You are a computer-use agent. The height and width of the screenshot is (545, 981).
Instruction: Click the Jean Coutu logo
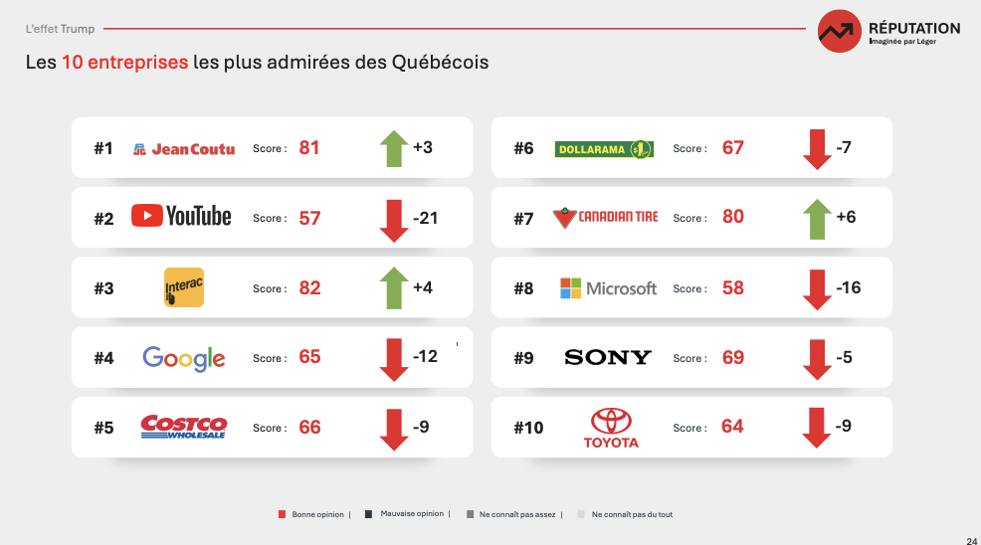pos(184,149)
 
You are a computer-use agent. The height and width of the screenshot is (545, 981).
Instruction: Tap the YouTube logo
pos(181,216)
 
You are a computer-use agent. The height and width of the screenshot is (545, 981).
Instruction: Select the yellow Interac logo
pos(184,287)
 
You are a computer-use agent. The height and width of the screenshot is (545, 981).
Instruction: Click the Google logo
pos(184,358)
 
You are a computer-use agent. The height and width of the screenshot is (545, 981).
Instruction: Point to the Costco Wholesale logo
pos(184,427)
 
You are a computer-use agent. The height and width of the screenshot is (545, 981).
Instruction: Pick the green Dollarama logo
pos(604,149)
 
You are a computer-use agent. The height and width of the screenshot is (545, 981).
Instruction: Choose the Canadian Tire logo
pos(605,217)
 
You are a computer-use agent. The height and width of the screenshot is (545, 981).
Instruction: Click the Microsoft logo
pos(609,288)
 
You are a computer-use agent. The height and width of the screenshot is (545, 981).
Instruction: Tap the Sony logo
pos(608,357)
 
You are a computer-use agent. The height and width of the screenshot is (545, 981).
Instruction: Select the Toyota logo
pos(611,428)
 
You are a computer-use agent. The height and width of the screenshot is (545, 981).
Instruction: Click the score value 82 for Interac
pos(309,287)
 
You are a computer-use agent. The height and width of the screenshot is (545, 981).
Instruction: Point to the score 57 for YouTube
pos(309,218)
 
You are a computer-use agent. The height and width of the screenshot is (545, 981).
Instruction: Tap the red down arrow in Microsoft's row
pos(817,289)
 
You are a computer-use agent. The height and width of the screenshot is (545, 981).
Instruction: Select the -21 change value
pos(425,218)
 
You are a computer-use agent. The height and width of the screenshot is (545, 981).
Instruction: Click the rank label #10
pos(528,428)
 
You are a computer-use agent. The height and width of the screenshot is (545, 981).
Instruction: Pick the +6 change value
pos(846,217)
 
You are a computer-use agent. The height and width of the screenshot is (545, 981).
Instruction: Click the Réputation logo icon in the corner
pos(840,31)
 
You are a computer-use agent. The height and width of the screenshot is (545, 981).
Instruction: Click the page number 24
pos(971,539)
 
